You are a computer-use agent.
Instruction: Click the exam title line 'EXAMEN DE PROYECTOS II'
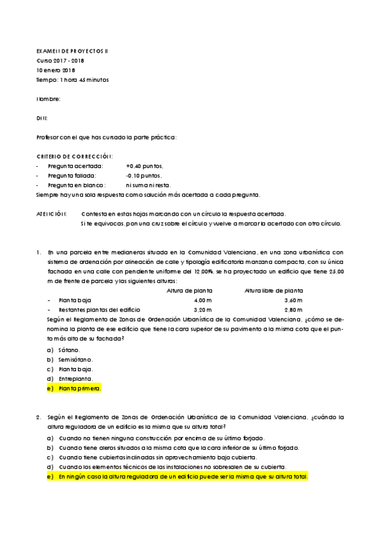73,51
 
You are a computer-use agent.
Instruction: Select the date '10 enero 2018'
56,70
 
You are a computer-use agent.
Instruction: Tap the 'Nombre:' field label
49,99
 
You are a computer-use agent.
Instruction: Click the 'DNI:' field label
43,118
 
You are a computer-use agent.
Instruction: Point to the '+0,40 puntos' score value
145,166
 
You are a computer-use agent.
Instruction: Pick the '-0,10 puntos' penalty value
144,176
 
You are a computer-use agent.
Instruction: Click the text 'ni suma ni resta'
148,185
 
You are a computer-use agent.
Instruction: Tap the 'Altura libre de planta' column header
273,291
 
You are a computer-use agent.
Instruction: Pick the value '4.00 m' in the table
201,300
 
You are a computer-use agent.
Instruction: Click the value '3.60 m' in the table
294,300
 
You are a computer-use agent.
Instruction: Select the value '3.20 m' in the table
201,310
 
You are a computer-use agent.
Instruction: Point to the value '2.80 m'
294,310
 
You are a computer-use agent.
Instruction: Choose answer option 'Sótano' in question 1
69,350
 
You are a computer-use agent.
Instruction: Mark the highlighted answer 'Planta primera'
79,388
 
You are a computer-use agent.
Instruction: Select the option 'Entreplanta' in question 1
75,378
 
